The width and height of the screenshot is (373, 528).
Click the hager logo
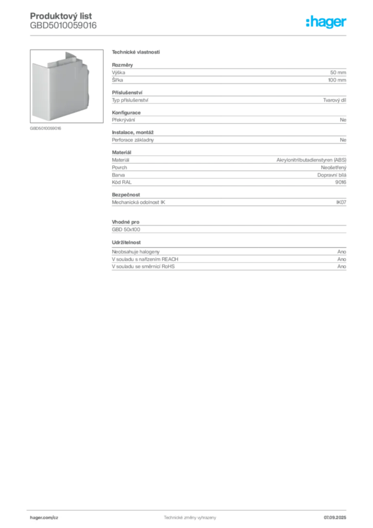[x=326, y=22]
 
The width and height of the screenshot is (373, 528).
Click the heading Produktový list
[x=61, y=16]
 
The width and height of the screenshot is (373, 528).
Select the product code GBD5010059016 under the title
[x=63, y=25]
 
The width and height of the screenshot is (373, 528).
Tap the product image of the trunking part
[x=66, y=86]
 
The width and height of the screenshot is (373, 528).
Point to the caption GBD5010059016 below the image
[x=45, y=128]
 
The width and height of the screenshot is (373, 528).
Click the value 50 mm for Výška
[x=338, y=72]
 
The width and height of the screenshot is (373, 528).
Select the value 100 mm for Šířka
[x=337, y=80]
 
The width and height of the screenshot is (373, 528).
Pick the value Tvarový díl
[x=334, y=100]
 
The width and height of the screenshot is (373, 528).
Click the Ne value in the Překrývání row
[x=343, y=120]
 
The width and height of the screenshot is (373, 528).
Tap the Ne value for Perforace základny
[x=343, y=140]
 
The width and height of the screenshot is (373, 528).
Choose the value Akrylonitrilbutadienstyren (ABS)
[x=312, y=160]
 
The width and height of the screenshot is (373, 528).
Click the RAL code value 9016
[x=341, y=182]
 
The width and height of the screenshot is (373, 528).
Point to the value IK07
[x=341, y=202]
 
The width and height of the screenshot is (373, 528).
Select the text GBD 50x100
[x=126, y=229]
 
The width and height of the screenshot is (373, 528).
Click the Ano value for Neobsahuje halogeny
[x=342, y=252]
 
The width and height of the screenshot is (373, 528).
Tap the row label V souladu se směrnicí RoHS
[x=143, y=267]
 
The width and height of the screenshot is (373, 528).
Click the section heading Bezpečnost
[x=126, y=194]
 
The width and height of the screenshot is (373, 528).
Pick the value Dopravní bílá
[x=332, y=175]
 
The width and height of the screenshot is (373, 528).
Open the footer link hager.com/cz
[x=44, y=518]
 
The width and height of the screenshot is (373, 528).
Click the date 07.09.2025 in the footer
[x=335, y=518]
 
